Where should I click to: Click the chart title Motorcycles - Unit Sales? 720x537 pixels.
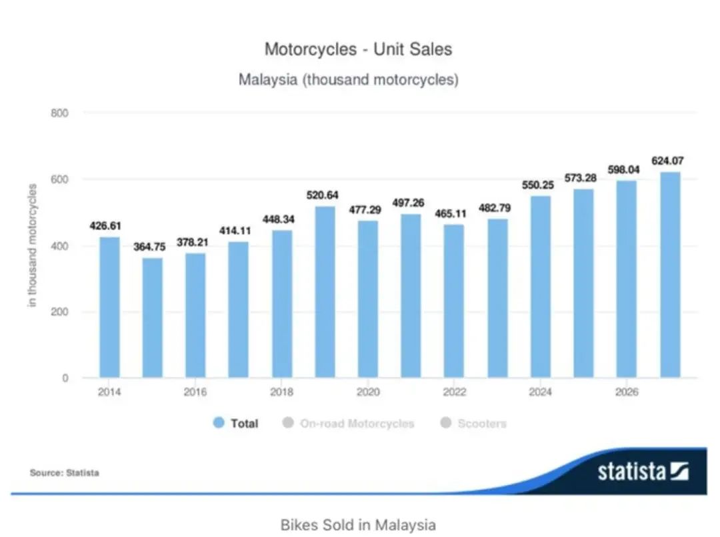coord(358,49)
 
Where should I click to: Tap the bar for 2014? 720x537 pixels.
coord(109,308)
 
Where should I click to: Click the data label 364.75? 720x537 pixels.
coord(153,246)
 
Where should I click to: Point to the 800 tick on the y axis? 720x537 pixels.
coord(60,113)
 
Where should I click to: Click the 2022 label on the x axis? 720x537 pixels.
coord(454,392)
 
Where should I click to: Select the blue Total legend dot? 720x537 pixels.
coord(219,423)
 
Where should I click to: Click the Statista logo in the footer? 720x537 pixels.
coord(642,472)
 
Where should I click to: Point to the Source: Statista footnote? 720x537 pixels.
coord(64,473)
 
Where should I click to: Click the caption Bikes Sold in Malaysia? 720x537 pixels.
coord(358,524)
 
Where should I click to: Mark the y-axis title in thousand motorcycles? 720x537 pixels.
coord(32,245)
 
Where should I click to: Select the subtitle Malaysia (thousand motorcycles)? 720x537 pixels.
coord(349,80)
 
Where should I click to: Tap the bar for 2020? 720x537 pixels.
coord(367,300)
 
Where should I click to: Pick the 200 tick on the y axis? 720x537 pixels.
coord(60,312)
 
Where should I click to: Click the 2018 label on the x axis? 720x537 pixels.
coord(281,392)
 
